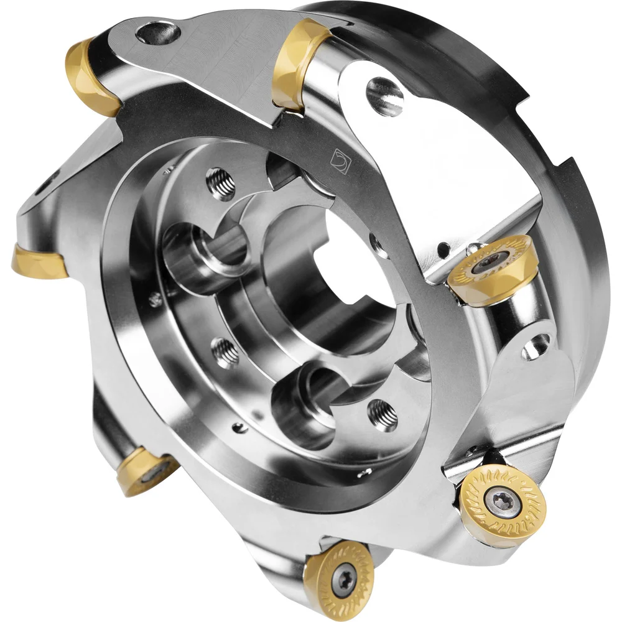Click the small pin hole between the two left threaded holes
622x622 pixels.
pyautogui.click(x=152, y=300)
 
